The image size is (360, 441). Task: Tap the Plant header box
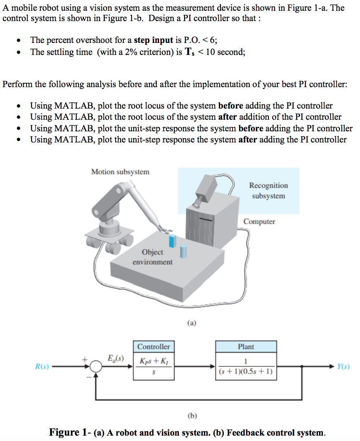246,346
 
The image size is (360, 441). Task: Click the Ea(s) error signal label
116,358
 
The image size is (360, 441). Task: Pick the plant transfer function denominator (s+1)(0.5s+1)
246,372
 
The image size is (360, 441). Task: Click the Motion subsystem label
120,172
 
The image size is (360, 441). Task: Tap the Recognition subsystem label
268,190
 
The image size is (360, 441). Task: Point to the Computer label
259,222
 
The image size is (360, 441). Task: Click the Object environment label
152,257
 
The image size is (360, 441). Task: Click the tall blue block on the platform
173,242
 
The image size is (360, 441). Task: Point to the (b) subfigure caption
192,416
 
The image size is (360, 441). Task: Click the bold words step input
154,40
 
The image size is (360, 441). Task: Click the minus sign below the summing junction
88,376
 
